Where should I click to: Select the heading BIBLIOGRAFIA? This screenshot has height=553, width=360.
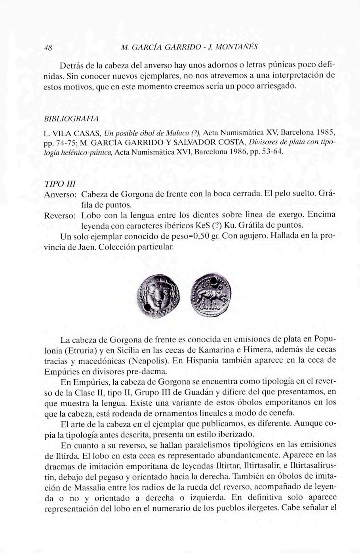(x=71, y=118)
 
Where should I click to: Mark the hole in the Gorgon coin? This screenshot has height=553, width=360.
(x=147, y=307)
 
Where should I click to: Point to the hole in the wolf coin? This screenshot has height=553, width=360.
(x=215, y=283)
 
